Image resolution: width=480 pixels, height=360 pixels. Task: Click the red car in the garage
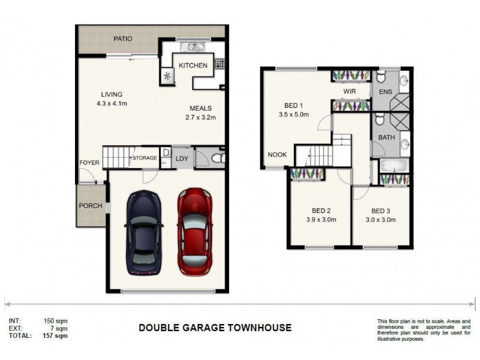tap(196, 230)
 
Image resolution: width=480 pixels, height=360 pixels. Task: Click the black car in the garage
tap(143, 230)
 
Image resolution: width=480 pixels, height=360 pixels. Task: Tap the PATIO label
tap(123, 39)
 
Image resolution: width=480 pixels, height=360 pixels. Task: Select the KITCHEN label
tap(193, 65)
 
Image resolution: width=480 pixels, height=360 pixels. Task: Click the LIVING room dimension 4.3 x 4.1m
tap(112, 103)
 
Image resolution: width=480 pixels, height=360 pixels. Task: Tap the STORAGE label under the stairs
tap(145, 158)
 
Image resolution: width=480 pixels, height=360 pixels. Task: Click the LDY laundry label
tap(181, 158)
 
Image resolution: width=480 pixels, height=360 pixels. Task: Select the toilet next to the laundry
tap(217, 158)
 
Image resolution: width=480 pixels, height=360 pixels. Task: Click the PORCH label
tap(89, 206)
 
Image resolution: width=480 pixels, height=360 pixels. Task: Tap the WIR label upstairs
tap(350, 91)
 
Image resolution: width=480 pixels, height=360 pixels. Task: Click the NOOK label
tap(277, 155)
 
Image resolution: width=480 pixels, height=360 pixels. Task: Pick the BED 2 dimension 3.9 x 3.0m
tap(321, 220)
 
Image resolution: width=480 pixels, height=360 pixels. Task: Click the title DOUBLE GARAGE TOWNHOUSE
tap(215, 328)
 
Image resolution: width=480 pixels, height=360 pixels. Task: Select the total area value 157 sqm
tap(56, 337)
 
